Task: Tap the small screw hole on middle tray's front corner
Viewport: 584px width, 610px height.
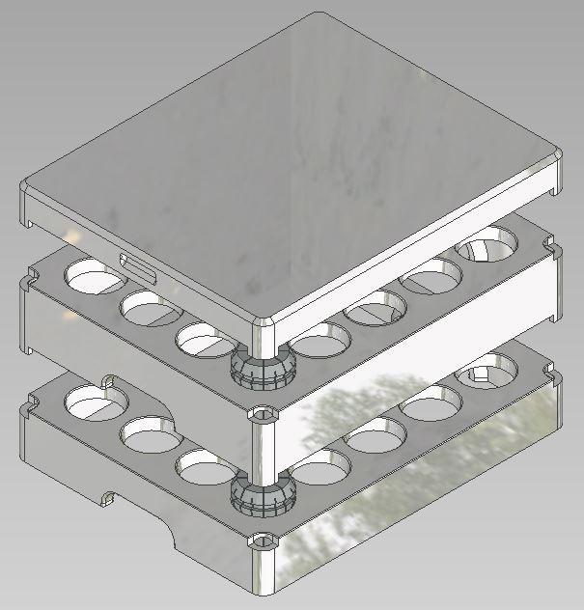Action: [262, 414]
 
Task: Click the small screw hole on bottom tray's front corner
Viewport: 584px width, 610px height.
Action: [262, 540]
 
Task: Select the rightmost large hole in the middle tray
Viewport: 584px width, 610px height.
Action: [487, 248]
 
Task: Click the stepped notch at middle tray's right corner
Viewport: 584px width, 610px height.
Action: [552, 254]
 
